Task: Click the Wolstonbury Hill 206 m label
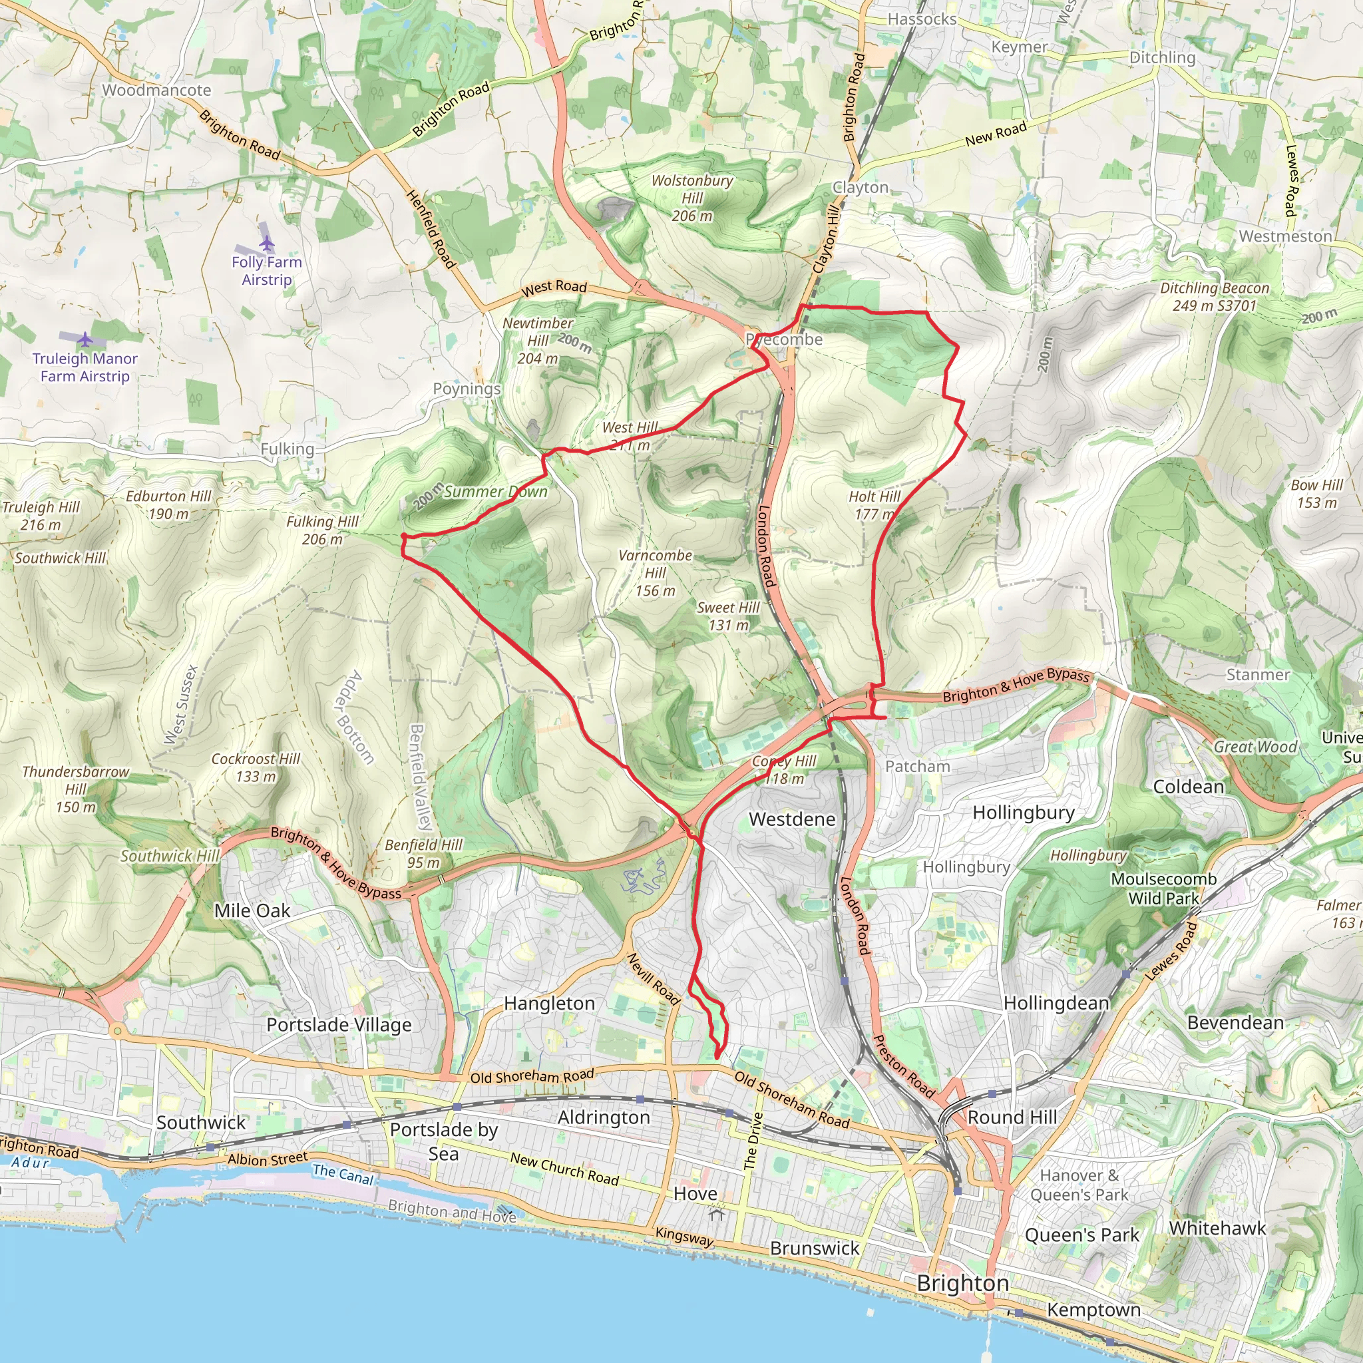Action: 692,198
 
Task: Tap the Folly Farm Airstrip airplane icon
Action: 266,244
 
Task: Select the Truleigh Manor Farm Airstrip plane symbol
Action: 85,340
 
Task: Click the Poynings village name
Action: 467,389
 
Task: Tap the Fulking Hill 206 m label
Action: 322,530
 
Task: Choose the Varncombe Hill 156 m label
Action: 655,573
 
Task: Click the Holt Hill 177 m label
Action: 874,505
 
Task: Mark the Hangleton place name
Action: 549,1003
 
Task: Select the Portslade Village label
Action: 339,1024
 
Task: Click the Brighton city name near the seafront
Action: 962,1283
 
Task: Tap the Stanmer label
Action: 1258,674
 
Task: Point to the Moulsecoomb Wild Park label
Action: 1163,888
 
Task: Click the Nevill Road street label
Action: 654,978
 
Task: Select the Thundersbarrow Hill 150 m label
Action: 75,789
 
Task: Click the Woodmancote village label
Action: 156,90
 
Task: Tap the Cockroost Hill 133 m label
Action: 256,767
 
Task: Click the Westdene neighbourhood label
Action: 791,819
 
